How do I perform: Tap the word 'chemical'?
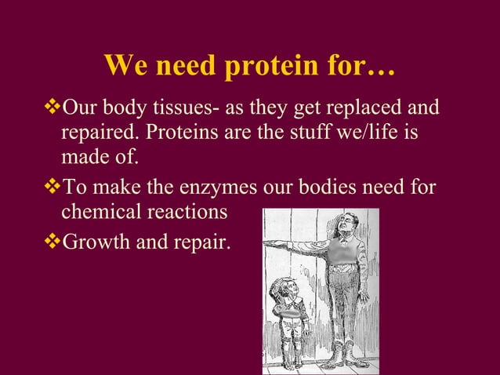98,213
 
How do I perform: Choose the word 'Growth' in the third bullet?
92,240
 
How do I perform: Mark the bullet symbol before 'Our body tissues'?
53,106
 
